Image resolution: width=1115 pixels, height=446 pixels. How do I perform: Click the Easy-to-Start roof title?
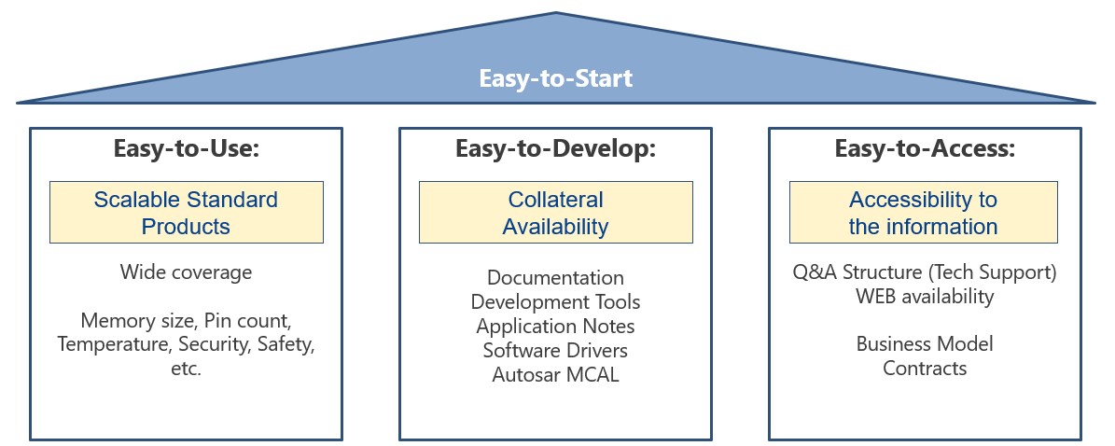(x=556, y=78)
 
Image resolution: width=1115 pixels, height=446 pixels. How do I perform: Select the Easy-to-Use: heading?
(x=186, y=149)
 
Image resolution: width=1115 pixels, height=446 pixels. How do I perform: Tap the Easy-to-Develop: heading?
(x=555, y=149)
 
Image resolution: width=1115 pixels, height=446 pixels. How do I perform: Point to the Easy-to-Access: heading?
(x=924, y=149)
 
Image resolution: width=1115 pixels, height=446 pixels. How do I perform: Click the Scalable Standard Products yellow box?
(x=186, y=213)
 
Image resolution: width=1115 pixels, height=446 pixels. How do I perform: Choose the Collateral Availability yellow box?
(x=555, y=213)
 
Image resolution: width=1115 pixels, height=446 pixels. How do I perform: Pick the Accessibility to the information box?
(x=923, y=213)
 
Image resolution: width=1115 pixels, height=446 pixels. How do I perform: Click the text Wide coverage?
(x=186, y=272)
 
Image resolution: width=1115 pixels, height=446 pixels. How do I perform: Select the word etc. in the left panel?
(x=186, y=369)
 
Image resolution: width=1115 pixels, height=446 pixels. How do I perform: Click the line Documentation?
(x=555, y=278)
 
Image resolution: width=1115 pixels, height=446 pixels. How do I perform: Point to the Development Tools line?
(x=555, y=302)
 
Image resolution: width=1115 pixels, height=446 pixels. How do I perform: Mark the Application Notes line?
(x=555, y=327)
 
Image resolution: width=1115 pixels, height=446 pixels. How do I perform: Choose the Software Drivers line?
(x=555, y=351)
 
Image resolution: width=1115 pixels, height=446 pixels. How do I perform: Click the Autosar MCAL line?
(x=555, y=375)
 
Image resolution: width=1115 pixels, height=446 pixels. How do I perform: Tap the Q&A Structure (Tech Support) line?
(x=924, y=272)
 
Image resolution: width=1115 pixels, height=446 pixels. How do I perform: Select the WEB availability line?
(x=924, y=297)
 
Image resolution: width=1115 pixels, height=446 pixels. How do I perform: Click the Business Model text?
(x=924, y=344)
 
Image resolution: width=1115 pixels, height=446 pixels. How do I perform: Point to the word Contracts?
(x=924, y=369)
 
